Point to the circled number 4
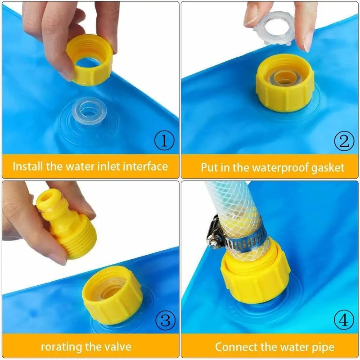pos(343,321)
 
